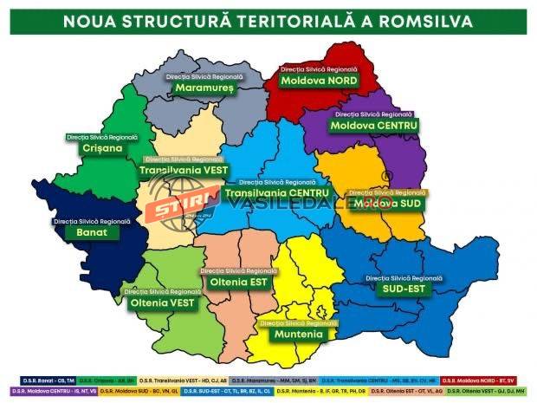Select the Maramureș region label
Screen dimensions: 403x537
point(204,87)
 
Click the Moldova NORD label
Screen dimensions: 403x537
point(319,80)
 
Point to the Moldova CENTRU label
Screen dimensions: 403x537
point(373,126)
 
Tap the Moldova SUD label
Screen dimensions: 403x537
point(386,203)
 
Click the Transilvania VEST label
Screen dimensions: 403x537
point(183,171)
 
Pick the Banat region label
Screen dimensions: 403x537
point(90,233)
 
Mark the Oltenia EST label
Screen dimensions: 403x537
point(239,281)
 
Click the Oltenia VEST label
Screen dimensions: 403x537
point(162,303)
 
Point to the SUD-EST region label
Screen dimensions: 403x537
point(405,289)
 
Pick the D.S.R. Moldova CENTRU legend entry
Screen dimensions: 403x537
point(52,392)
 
